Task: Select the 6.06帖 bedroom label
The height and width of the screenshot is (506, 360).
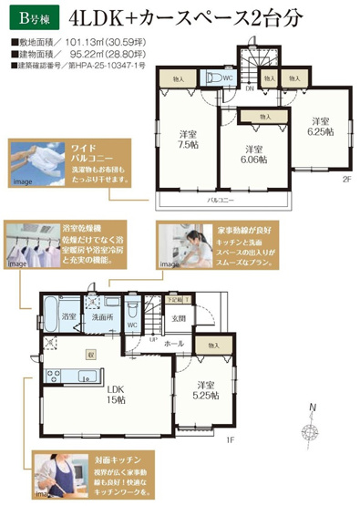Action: pyautogui.click(x=254, y=154)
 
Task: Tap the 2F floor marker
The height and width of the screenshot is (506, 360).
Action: pyautogui.click(x=346, y=179)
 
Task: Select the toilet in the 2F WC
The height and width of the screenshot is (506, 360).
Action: pyautogui.click(x=212, y=79)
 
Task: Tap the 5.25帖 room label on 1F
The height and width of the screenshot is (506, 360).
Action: pyautogui.click(x=204, y=391)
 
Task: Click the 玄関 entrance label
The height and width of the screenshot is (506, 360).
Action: pyautogui.click(x=179, y=317)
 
